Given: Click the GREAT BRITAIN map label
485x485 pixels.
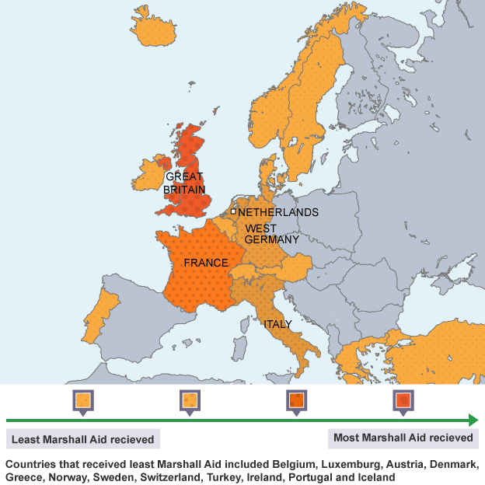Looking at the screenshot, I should point(184,183).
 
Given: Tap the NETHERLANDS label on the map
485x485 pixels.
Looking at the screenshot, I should point(277,212).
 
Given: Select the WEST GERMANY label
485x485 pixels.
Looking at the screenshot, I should point(271,234).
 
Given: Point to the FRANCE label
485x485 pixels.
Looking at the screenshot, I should point(206,263).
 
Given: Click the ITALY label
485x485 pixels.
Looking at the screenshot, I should point(277,324).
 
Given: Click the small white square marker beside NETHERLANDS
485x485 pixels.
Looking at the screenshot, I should point(233,211).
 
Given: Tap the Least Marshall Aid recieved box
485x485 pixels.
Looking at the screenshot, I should point(83,439).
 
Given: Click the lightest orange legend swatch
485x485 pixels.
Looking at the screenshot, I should point(83,401).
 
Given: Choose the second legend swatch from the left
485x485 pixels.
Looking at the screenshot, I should point(190,401).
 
